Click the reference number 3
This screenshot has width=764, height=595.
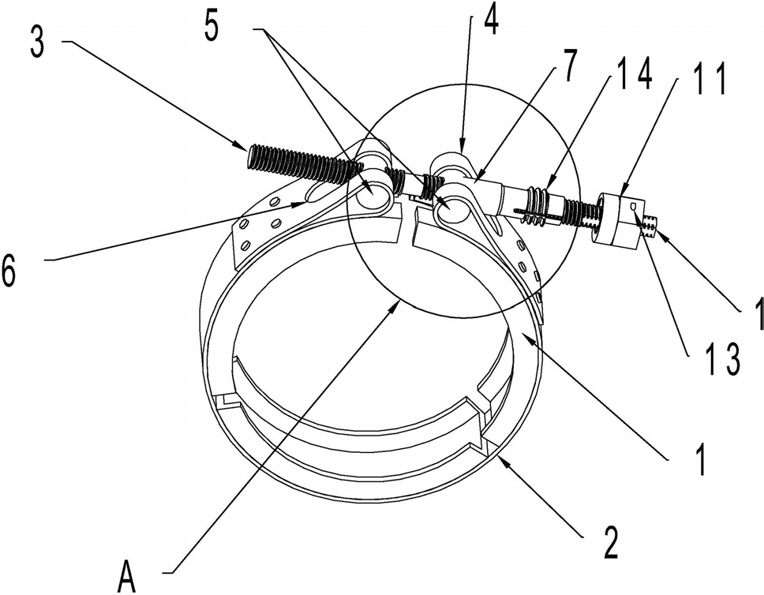coord(37,42)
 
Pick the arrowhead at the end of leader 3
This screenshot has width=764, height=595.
coord(244,144)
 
